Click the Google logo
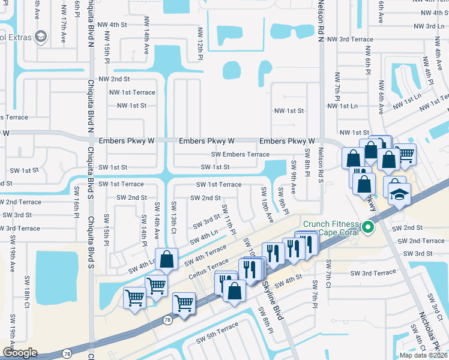[x=20, y=352]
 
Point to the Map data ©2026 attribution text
[x=423, y=355]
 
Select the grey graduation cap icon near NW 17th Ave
[x=41, y=37]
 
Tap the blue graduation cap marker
[x=399, y=196]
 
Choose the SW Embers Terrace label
[x=240, y=154]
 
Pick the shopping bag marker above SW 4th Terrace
[x=167, y=259]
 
